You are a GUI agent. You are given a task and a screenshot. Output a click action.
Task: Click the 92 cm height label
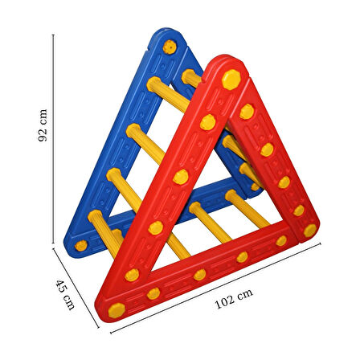[43, 125]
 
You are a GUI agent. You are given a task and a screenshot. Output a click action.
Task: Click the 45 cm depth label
[65, 295]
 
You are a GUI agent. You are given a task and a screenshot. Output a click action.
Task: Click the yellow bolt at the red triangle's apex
[231, 80]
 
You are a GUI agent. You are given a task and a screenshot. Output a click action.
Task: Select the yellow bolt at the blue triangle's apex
[170, 47]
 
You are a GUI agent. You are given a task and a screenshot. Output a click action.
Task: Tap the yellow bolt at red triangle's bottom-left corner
[117, 310]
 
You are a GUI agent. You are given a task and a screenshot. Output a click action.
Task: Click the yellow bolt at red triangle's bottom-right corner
[310, 231]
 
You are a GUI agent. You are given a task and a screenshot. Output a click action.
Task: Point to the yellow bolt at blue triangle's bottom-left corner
[81, 246]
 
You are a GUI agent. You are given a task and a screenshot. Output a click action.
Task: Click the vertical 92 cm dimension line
[53, 139]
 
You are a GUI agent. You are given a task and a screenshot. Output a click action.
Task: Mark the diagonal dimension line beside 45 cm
[76, 288]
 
